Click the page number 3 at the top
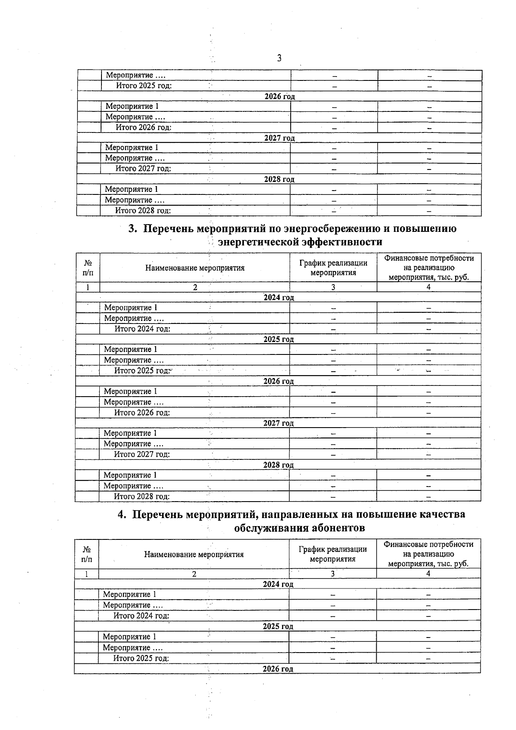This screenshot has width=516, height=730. point(279,58)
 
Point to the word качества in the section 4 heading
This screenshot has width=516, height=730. point(441,514)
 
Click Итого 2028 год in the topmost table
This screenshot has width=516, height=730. point(143,210)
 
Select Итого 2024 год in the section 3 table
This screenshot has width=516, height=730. point(142,329)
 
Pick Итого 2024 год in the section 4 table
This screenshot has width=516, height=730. point(141,616)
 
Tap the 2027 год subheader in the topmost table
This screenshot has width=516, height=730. point(279,138)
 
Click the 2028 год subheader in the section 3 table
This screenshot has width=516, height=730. point(278,465)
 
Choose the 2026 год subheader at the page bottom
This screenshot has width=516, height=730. point(278,669)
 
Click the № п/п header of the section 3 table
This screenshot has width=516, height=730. point(88,268)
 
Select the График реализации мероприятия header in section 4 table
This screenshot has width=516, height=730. point(332,554)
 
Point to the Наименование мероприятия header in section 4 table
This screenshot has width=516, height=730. point(193,554)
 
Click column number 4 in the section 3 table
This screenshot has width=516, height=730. point(428,287)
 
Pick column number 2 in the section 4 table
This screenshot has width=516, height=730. point(194,574)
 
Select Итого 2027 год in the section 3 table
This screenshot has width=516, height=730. point(141,454)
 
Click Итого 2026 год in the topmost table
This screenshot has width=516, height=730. point(143,127)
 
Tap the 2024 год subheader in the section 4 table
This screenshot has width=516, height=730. point(278,584)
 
